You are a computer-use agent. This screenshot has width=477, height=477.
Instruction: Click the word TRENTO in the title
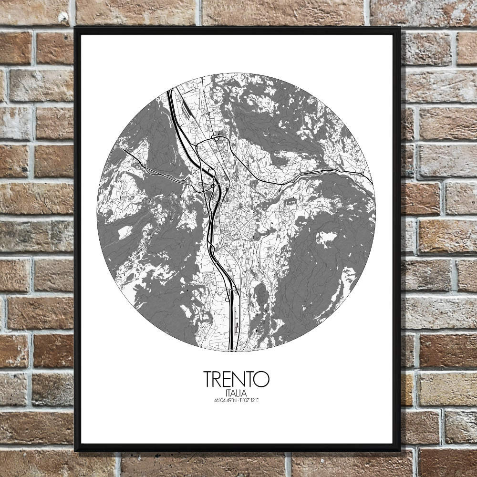[237, 379]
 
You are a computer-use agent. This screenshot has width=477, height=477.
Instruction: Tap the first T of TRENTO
[208, 379]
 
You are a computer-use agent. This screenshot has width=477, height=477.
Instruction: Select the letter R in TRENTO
[218, 379]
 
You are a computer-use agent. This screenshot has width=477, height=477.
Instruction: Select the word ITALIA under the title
[237, 393]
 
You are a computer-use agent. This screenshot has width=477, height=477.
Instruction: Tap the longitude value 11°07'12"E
[249, 400]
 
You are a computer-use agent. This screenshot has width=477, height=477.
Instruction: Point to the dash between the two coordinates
[238, 400]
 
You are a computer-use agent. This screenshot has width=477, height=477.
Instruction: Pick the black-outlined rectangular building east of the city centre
[289, 202]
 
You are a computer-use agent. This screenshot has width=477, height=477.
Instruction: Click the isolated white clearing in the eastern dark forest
[326, 237]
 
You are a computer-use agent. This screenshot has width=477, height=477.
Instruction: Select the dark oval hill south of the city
[261, 296]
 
